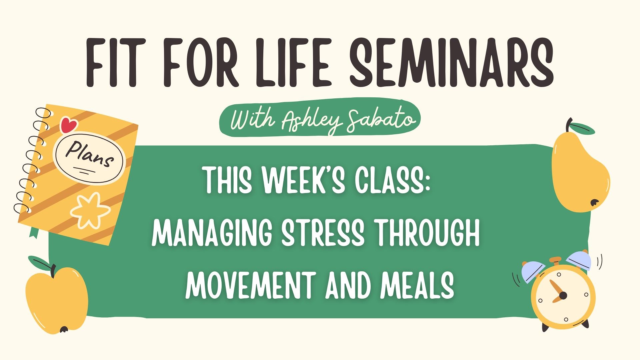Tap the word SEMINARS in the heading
[452, 63]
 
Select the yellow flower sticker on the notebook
[90, 210]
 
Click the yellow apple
[57, 300]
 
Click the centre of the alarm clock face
[563, 295]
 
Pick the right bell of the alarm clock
[579, 260]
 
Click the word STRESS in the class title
[323, 233]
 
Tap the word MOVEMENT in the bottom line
[250, 285]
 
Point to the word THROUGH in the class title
[428, 233]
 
